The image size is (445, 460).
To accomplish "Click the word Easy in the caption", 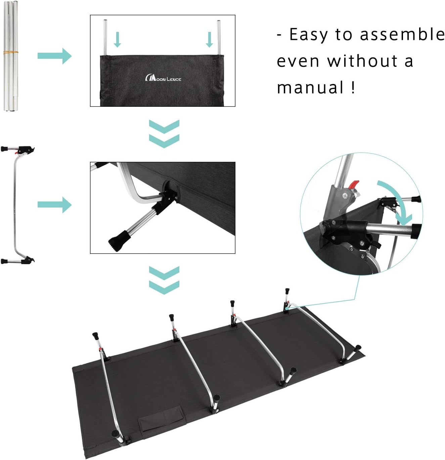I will (309, 35).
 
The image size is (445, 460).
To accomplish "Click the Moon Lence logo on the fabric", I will (163, 78).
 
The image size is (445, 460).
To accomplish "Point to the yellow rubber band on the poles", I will (11, 53).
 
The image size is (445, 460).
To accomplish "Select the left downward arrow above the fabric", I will (117, 40).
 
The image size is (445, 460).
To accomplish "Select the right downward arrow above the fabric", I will (209, 40).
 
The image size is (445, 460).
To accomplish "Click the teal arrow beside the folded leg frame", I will (54, 204).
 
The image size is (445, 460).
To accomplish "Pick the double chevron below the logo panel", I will (164, 133).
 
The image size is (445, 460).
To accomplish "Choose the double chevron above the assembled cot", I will (164, 280).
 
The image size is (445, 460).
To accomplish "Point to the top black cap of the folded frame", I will (4, 149).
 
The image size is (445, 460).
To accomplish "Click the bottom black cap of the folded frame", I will (4, 261).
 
